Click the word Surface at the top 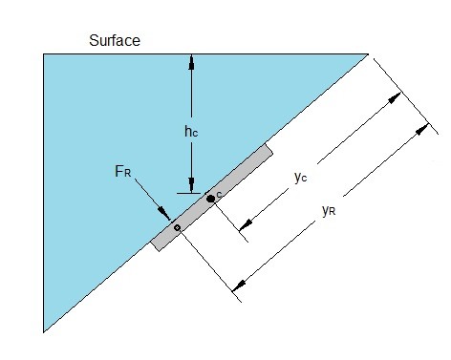(x=116, y=40)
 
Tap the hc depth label (x=191, y=131)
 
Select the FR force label (x=123, y=173)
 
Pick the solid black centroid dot (x=211, y=198)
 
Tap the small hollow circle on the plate (x=176, y=227)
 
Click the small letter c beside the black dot (x=220, y=194)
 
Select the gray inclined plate (x=212, y=197)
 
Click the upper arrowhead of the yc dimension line (x=395, y=97)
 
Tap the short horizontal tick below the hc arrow (x=191, y=192)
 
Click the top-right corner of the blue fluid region (x=368, y=54)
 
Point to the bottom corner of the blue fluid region (x=44, y=331)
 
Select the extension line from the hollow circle (x=204, y=259)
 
